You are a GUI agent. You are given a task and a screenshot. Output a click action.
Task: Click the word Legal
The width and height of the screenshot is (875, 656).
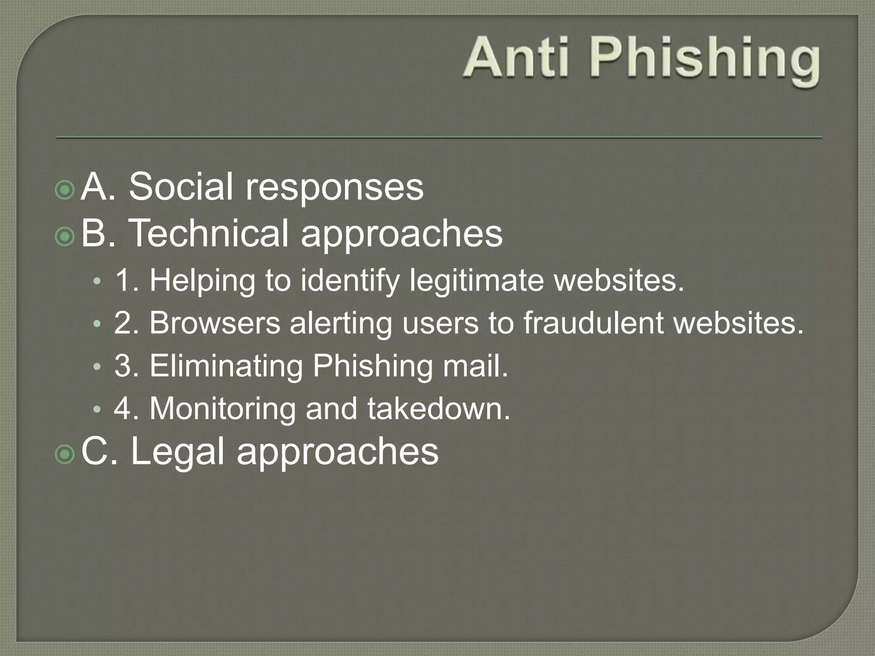(177, 451)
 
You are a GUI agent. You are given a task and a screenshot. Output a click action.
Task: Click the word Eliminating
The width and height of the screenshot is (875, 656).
(226, 366)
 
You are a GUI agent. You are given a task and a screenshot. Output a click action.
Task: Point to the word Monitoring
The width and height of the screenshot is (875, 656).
(222, 409)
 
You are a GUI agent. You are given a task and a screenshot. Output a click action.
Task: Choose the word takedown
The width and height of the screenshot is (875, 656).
(439, 409)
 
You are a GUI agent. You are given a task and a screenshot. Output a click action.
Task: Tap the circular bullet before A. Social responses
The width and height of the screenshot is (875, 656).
(65, 190)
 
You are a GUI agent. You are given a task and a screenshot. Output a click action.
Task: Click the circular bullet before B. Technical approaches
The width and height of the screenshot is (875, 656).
(65, 236)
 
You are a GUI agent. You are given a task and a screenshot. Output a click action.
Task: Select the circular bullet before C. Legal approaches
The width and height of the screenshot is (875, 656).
(65, 454)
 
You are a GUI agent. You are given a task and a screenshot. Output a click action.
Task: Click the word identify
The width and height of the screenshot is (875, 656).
(350, 281)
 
